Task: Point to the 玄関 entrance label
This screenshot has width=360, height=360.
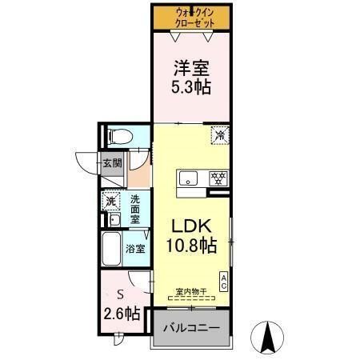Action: click(112, 164)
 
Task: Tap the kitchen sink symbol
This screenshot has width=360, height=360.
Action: click(189, 178)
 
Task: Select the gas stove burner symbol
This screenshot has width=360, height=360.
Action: click(217, 177)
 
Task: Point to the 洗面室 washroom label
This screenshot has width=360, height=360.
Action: click(136, 209)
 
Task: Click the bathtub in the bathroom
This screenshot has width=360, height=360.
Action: click(111, 250)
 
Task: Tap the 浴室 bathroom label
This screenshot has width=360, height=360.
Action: click(136, 249)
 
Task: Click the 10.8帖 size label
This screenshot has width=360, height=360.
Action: click(191, 246)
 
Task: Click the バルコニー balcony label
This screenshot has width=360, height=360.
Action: click(192, 328)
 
